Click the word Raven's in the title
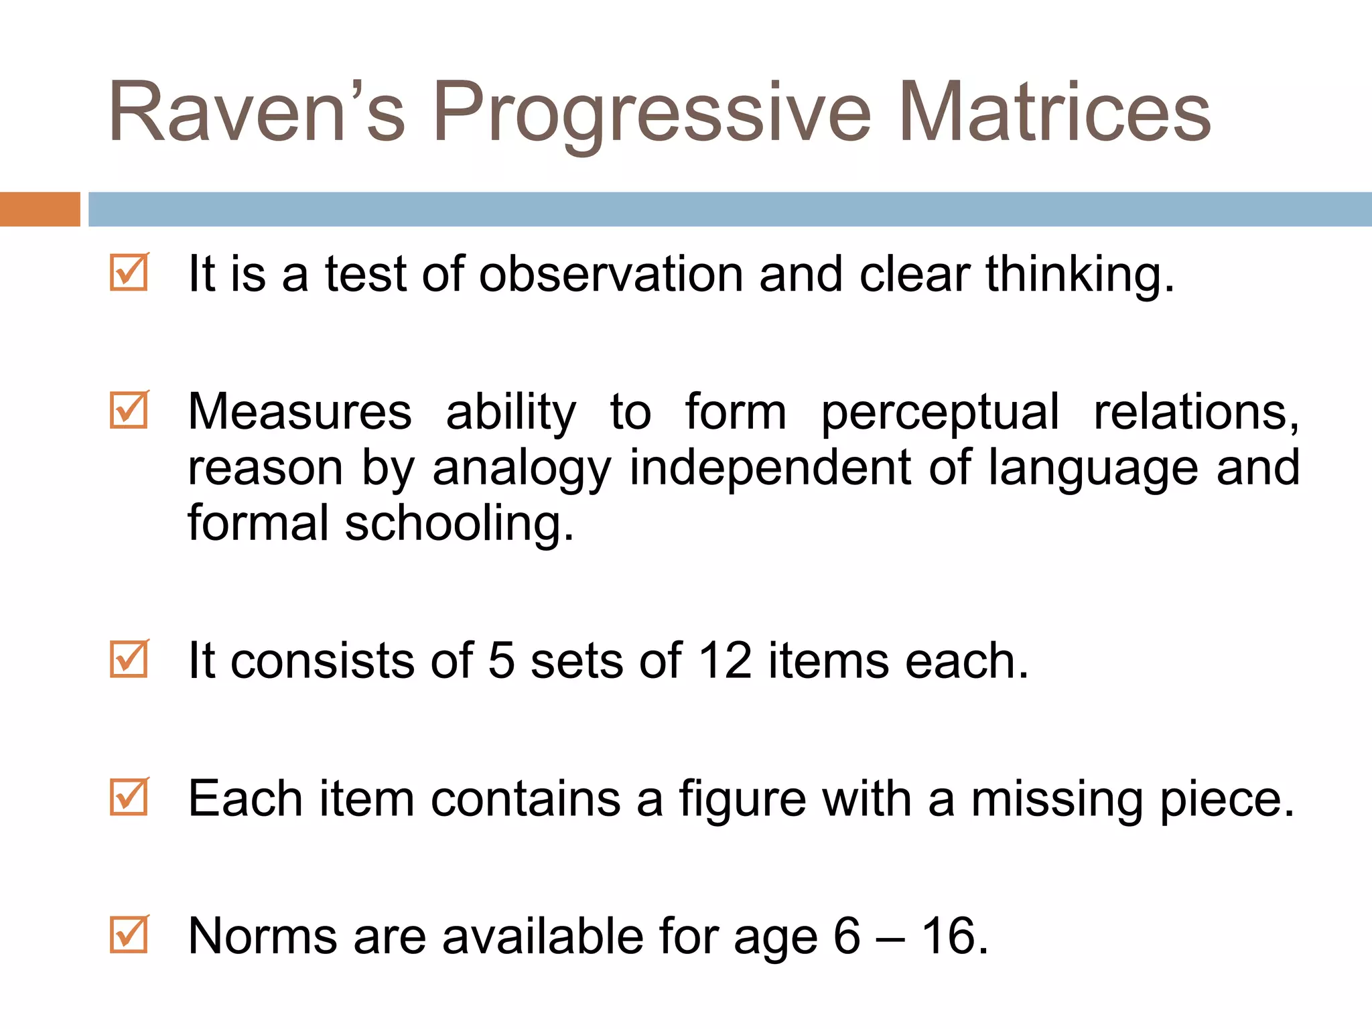257,112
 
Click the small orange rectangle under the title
40,209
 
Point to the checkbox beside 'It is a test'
129,272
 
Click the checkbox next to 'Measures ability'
129,410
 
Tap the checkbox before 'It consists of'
129,659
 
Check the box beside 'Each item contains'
129,797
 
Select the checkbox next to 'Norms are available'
129,934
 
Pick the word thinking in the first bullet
1079,275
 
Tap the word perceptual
941,413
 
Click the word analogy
521,468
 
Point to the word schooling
458,524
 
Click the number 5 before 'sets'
501,661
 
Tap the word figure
742,799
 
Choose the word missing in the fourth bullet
1057,799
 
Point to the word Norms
263,936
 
